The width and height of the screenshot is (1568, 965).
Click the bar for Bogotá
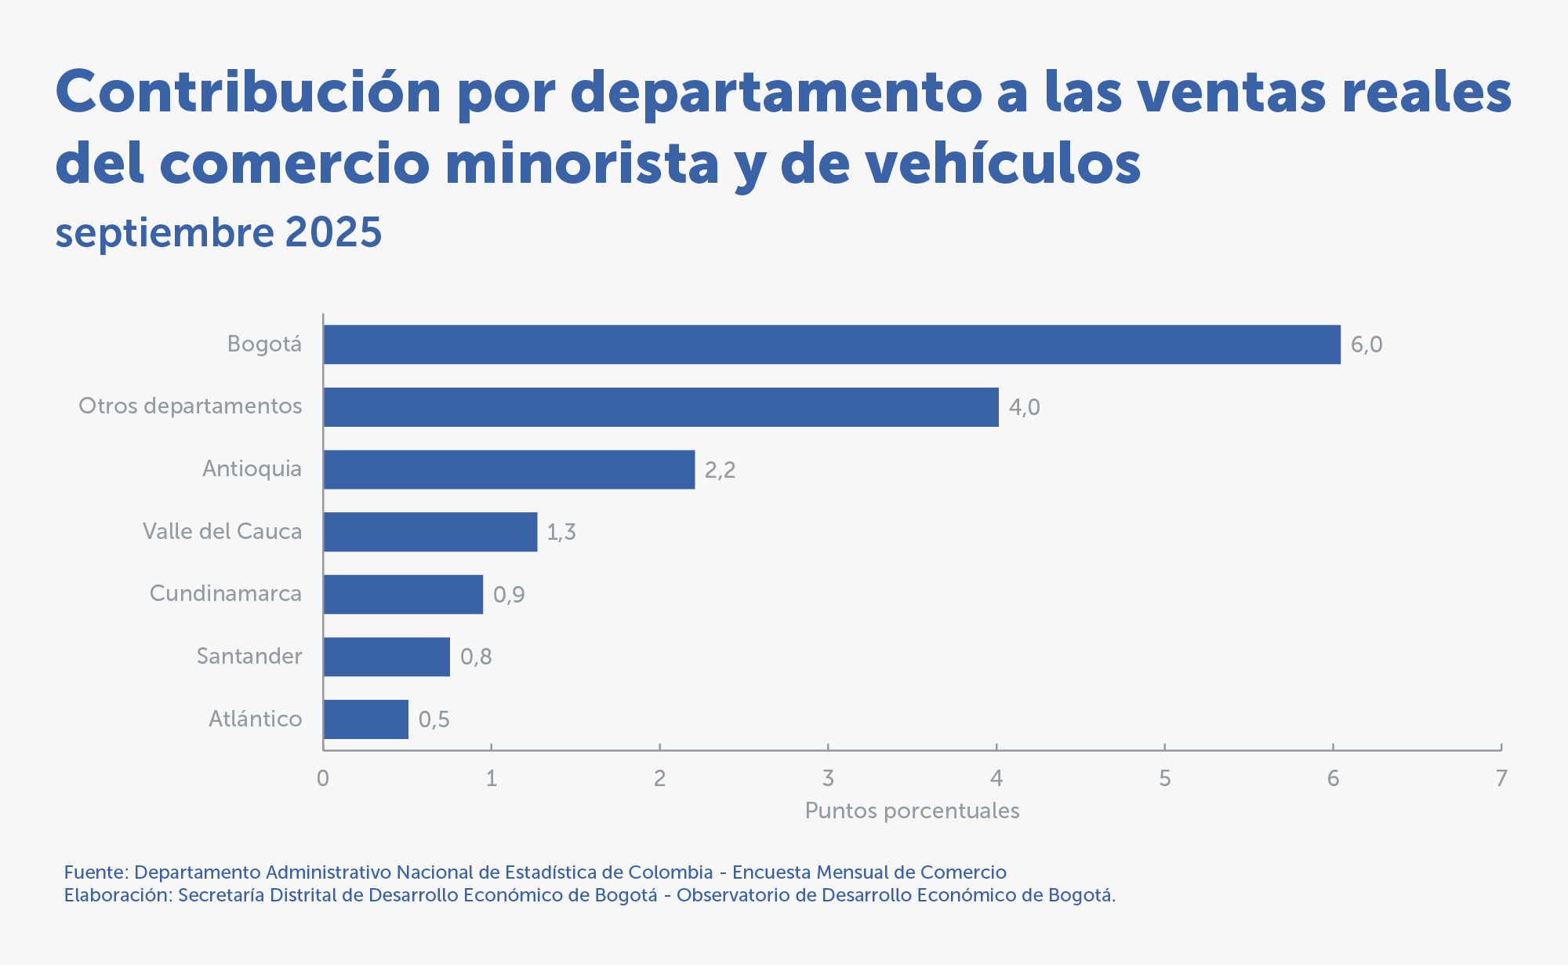[831, 344]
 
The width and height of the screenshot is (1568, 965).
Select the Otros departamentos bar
[661, 407]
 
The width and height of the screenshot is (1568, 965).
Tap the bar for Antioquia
[509, 469]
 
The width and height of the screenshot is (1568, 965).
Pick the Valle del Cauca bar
[430, 532]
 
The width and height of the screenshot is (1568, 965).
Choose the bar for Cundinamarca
[403, 594]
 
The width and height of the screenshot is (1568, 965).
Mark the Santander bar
[387, 657]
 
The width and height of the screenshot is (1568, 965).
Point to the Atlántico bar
[365, 719]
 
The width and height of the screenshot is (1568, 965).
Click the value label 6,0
[1367, 344]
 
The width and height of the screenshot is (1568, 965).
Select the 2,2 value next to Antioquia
[720, 470]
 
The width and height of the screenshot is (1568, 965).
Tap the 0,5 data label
[434, 719]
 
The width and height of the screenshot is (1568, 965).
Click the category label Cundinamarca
[226, 593]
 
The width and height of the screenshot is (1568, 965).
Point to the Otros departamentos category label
[191, 406]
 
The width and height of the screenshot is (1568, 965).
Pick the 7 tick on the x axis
[1501, 778]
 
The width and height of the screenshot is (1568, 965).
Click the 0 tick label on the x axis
[323, 778]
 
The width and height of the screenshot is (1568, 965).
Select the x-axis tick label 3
[828, 778]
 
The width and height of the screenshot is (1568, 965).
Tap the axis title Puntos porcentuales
[912, 810]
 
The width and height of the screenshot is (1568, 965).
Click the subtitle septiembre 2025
[219, 232]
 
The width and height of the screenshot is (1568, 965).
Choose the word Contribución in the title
[249, 92]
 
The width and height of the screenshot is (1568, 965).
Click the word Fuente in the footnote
[95, 872]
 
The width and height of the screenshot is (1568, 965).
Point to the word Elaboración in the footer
[117, 895]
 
